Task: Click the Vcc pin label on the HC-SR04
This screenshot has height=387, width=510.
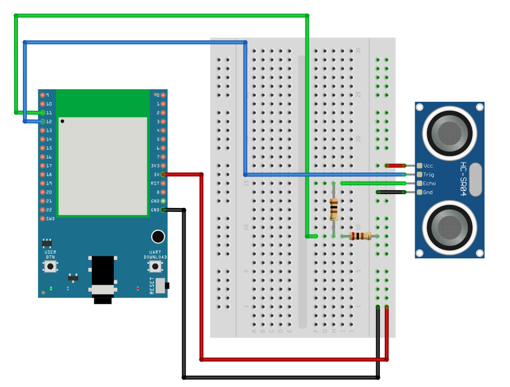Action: tap(428, 166)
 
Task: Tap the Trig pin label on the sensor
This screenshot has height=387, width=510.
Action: tap(429, 175)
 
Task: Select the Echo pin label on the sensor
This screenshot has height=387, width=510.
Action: tap(429, 184)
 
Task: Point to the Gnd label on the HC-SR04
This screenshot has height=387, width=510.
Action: tap(428, 193)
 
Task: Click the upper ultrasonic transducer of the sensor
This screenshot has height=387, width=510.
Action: tap(450, 131)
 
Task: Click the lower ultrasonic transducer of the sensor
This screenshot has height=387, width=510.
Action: tap(450, 228)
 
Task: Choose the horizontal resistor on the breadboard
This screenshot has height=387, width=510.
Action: tap(360, 236)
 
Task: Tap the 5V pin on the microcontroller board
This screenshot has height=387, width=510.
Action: tap(163, 175)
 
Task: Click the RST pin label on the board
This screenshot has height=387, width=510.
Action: tap(155, 184)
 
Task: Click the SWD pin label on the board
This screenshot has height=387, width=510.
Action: tap(50, 219)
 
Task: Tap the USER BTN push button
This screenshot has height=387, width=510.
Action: tap(50, 267)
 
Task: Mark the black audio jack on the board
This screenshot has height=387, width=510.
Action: tap(103, 279)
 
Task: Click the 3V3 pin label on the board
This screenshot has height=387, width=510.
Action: tap(155, 166)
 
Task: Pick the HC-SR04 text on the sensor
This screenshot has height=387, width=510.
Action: tap(463, 180)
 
